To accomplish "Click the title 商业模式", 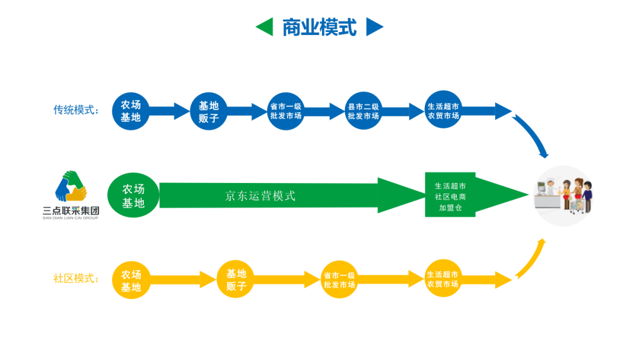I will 319,27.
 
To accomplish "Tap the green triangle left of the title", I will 264,27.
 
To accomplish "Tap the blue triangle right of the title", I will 375,27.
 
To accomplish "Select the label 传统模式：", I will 76,110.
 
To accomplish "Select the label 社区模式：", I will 76,278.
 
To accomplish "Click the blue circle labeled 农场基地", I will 131,111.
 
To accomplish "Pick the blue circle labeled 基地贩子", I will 208,111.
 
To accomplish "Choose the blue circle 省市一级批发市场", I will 286,111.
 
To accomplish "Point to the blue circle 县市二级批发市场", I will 363,111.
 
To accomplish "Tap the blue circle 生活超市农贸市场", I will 443,111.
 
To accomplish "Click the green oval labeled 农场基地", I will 133,195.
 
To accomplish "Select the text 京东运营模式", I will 260,196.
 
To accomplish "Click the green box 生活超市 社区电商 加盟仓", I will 450,195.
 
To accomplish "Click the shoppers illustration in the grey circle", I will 564,195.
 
